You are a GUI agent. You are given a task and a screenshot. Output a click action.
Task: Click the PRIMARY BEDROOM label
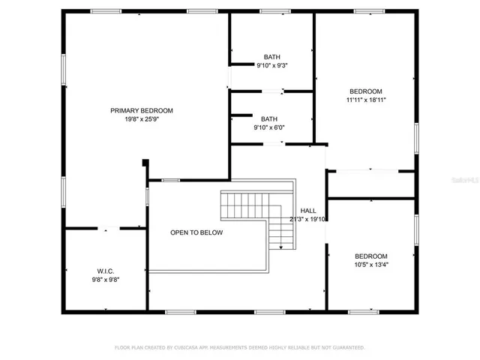[x=142, y=110]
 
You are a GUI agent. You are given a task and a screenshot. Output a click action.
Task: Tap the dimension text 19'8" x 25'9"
[x=142, y=118]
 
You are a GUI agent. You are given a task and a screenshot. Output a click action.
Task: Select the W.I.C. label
[x=105, y=271]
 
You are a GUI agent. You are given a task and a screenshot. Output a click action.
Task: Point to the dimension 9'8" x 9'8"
[x=105, y=279]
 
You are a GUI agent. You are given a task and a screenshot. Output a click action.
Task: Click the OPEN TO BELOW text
[x=196, y=232]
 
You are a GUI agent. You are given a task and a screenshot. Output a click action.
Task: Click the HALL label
[x=308, y=211]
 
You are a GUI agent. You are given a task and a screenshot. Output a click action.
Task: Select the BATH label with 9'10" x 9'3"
[x=271, y=57]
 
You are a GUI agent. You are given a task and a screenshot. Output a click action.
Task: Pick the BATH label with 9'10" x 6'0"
[x=268, y=118]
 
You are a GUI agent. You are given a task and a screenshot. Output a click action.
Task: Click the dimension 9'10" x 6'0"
[x=268, y=127]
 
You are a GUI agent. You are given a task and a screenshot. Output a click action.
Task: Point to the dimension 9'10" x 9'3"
[x=271, y=65]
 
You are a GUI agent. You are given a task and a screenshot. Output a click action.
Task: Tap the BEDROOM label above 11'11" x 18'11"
[x=366, y=91]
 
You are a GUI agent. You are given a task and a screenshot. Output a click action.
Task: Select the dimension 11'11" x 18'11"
[x=366, y=99]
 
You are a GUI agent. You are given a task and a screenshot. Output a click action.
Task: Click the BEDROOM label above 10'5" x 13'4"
[x=370, y=255]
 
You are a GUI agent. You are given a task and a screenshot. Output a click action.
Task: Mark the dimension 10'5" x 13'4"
[x=370, y=264]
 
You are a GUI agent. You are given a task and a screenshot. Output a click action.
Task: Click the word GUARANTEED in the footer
[x=349, y=348]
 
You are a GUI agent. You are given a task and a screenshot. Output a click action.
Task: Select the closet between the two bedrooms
[x=370, y=184]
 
